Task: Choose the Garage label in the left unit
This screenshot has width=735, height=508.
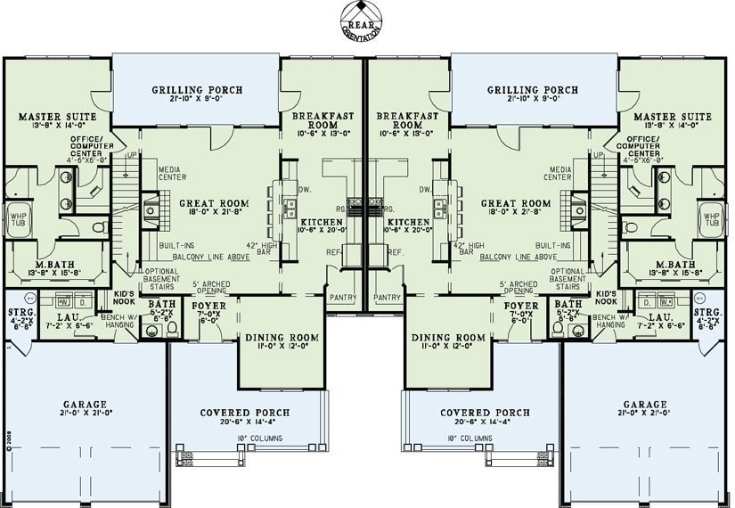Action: coord(85,403)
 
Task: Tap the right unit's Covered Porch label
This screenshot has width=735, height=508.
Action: coord(485,413)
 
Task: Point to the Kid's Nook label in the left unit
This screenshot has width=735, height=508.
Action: coord(124,297)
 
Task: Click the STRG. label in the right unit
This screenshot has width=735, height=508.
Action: coord(707,313)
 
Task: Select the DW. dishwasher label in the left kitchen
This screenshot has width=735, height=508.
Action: coord(305,190)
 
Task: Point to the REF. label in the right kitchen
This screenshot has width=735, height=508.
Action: coord(396,252)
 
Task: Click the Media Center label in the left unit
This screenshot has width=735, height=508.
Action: coord(171,173)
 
